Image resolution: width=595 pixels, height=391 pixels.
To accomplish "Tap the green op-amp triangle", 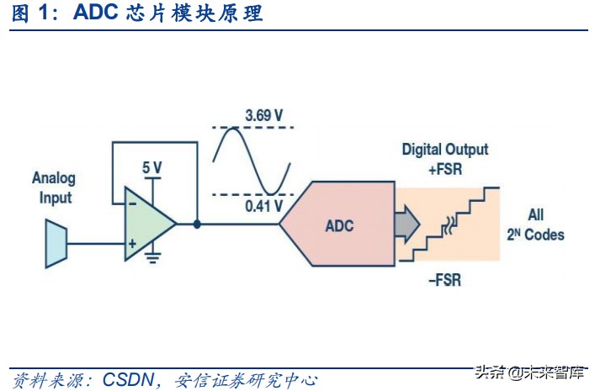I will [x=146, y=225].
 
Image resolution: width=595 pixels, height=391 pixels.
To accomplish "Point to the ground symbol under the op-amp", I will [x=151, y=255].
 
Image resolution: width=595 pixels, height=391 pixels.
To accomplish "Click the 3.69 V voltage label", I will [x=265, y=114].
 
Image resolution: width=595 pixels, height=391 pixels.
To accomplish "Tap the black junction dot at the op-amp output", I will [x=196, y=225].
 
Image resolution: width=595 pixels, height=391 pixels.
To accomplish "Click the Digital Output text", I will [x=444, y=150].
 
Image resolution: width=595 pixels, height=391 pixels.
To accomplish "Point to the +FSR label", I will [x=445, y=168].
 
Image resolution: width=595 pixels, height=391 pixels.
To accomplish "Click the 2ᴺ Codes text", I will [x=535, y=235].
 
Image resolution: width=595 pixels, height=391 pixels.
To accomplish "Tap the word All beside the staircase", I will [x=536, y=214].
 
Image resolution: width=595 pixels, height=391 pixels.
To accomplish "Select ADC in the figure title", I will [x=95, y=13].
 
